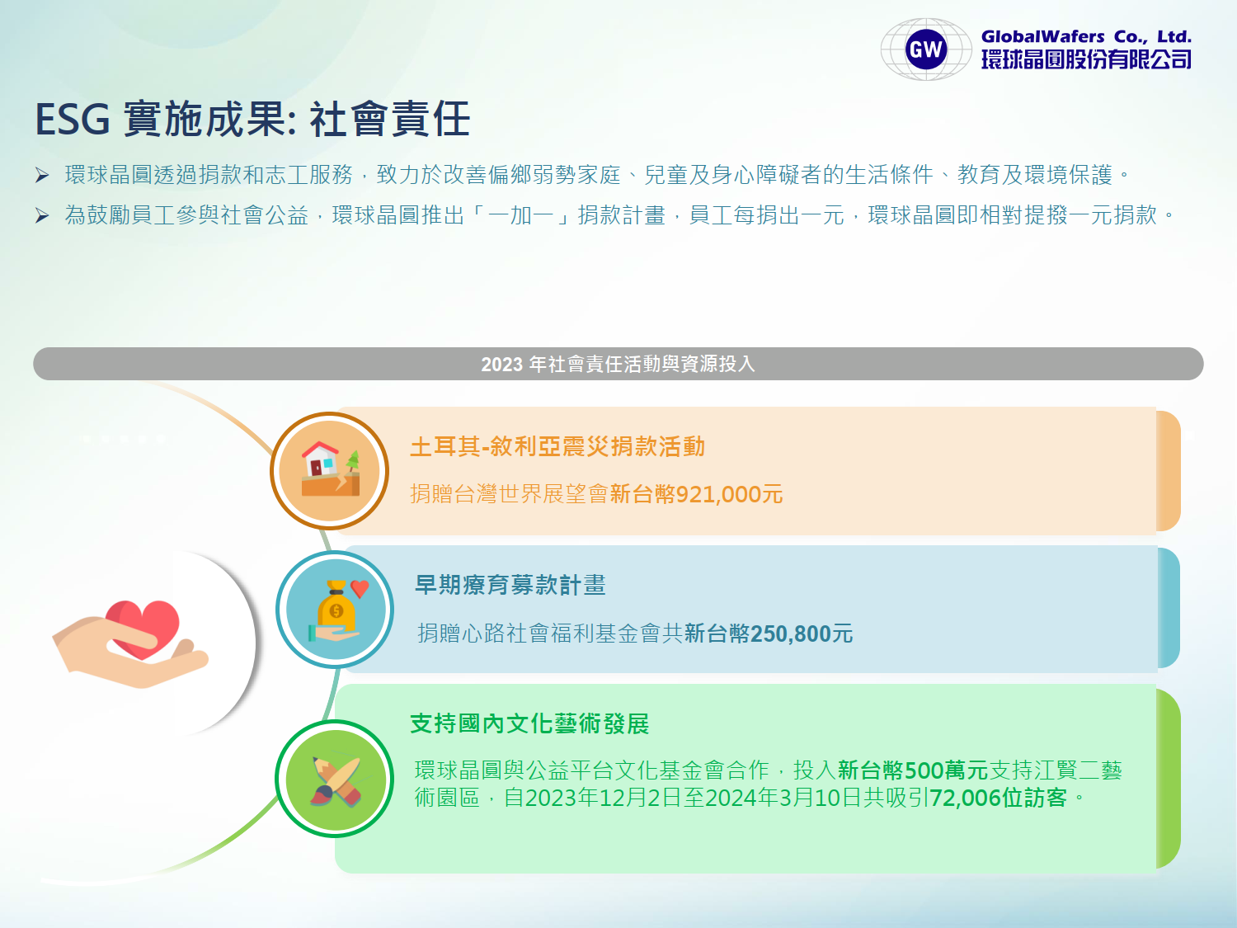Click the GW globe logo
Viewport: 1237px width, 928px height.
coord(926,49)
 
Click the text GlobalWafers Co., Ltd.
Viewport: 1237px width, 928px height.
coord(1086,36)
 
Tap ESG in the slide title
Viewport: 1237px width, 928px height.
coord(72,120)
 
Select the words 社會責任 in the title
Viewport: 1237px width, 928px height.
coord(390,120)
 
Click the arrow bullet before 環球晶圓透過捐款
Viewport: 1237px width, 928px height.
coord(42,175)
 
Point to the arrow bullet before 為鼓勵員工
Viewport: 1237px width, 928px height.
coord(42,215)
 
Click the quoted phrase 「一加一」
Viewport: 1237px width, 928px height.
coord(521,215)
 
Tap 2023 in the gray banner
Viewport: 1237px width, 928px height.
coord(501,365)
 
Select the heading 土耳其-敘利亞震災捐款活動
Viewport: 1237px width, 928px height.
coord(557,447)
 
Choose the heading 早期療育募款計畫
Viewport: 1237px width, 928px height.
coord(510,585)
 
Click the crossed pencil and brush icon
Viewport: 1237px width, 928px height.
coord(336,780)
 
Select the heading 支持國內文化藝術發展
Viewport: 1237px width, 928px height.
coord(529,724)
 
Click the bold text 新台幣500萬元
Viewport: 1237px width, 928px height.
coord(913,770)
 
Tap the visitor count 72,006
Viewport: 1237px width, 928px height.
coord(966,798)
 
